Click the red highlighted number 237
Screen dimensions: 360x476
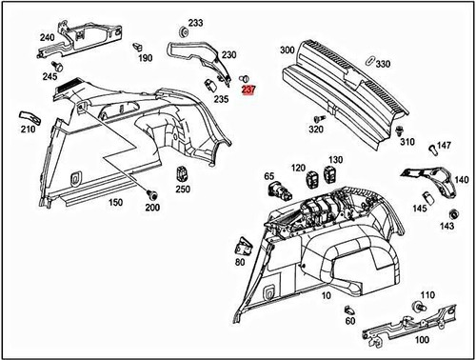point(249,91)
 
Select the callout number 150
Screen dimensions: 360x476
point(115,204)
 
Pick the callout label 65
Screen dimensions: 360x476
point(269,176)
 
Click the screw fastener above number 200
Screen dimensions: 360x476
point(150,194)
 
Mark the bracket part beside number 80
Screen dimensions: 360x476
point(240,247)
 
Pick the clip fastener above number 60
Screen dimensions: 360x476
point(350,310)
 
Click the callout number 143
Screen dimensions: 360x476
point(446,227)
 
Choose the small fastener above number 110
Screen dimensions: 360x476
point(418,307)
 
